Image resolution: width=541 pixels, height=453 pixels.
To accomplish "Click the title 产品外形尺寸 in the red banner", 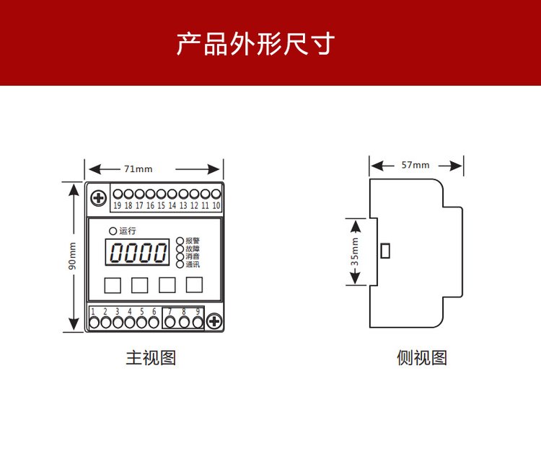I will (255, 43).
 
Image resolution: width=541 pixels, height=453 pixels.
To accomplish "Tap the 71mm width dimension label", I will (138, 169).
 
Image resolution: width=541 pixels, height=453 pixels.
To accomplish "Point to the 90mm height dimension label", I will (72, 256).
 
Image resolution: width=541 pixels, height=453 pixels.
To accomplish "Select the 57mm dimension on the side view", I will (415, 165).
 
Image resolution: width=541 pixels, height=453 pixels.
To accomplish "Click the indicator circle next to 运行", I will (113, 230).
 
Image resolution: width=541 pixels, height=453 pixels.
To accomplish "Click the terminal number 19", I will (118, 206).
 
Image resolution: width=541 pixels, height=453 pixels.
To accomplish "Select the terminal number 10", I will (216, 206).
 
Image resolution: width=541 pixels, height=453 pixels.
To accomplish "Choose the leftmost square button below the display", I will (112, 285).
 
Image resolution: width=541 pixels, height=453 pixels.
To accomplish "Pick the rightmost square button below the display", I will (194, 285).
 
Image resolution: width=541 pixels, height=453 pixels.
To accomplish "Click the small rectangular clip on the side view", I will (385, 251).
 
